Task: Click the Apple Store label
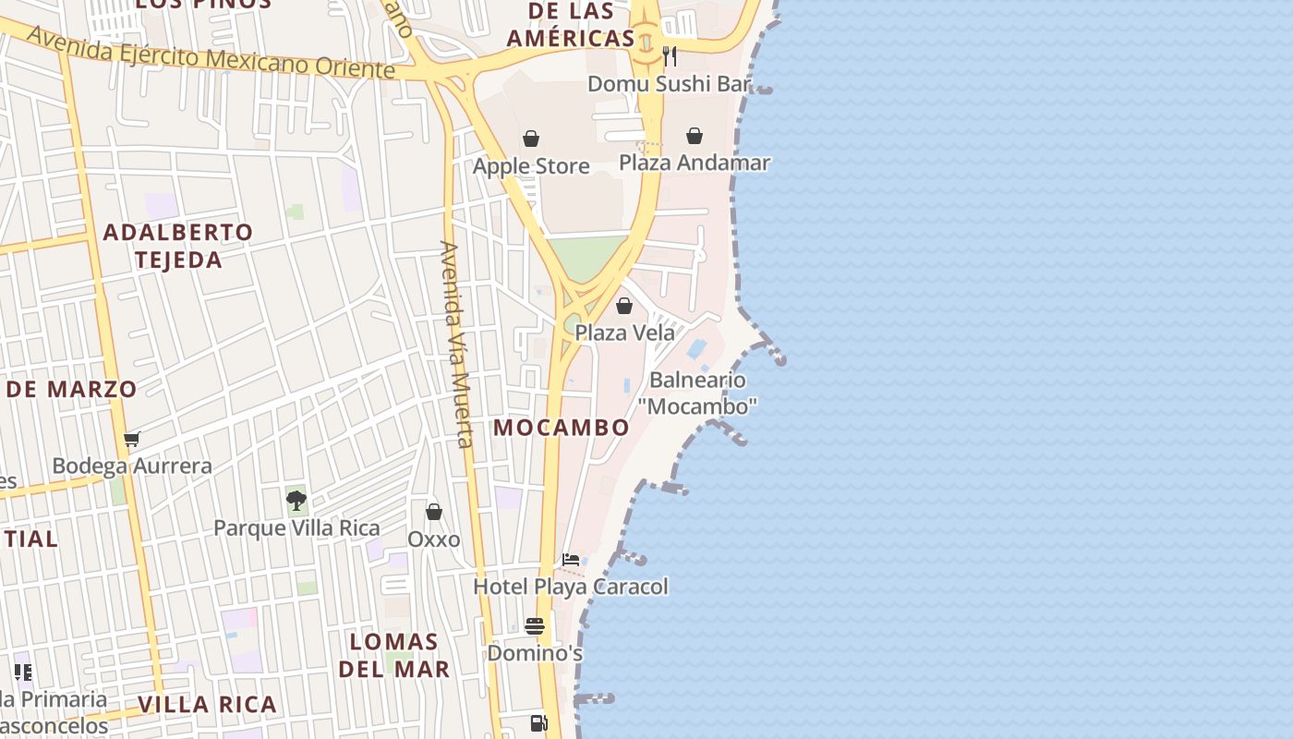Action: click(x=531, y=166)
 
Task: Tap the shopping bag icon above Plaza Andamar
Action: click(x=695, y=137)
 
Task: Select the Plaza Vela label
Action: click(x=624, y=333)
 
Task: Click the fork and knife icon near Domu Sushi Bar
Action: click(x=670, y=56)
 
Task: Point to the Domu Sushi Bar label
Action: click(x=670, y=84)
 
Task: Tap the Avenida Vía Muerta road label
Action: click(x=456, y=344)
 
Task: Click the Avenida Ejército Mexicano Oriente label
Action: click(x=211, y=54)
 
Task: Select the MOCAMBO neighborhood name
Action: click(x=562, y=428)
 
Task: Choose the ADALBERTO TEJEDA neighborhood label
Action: click(x=177, y=246)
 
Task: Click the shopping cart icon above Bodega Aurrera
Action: click(x=132, y=440)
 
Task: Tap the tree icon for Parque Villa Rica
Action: click(x=296, y=501)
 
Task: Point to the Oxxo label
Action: click(x=434, y=539)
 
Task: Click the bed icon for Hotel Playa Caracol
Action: click(x=571, y=560)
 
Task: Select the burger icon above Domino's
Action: click(x=535, y=626)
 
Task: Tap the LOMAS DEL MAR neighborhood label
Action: click(x=394, y=655)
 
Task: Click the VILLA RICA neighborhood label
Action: click(x=207, y=705)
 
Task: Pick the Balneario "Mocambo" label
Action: click(x=697, y=393)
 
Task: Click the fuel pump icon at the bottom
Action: click(x=538, y=723)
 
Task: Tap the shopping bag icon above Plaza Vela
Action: click(x=624, y=306)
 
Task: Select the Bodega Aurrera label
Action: click(x=132, y=466)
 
